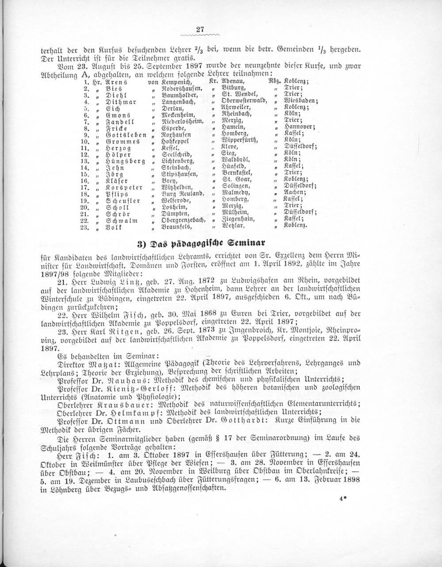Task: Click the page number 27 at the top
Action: (199, 30)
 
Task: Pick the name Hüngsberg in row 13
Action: (125, 161)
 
